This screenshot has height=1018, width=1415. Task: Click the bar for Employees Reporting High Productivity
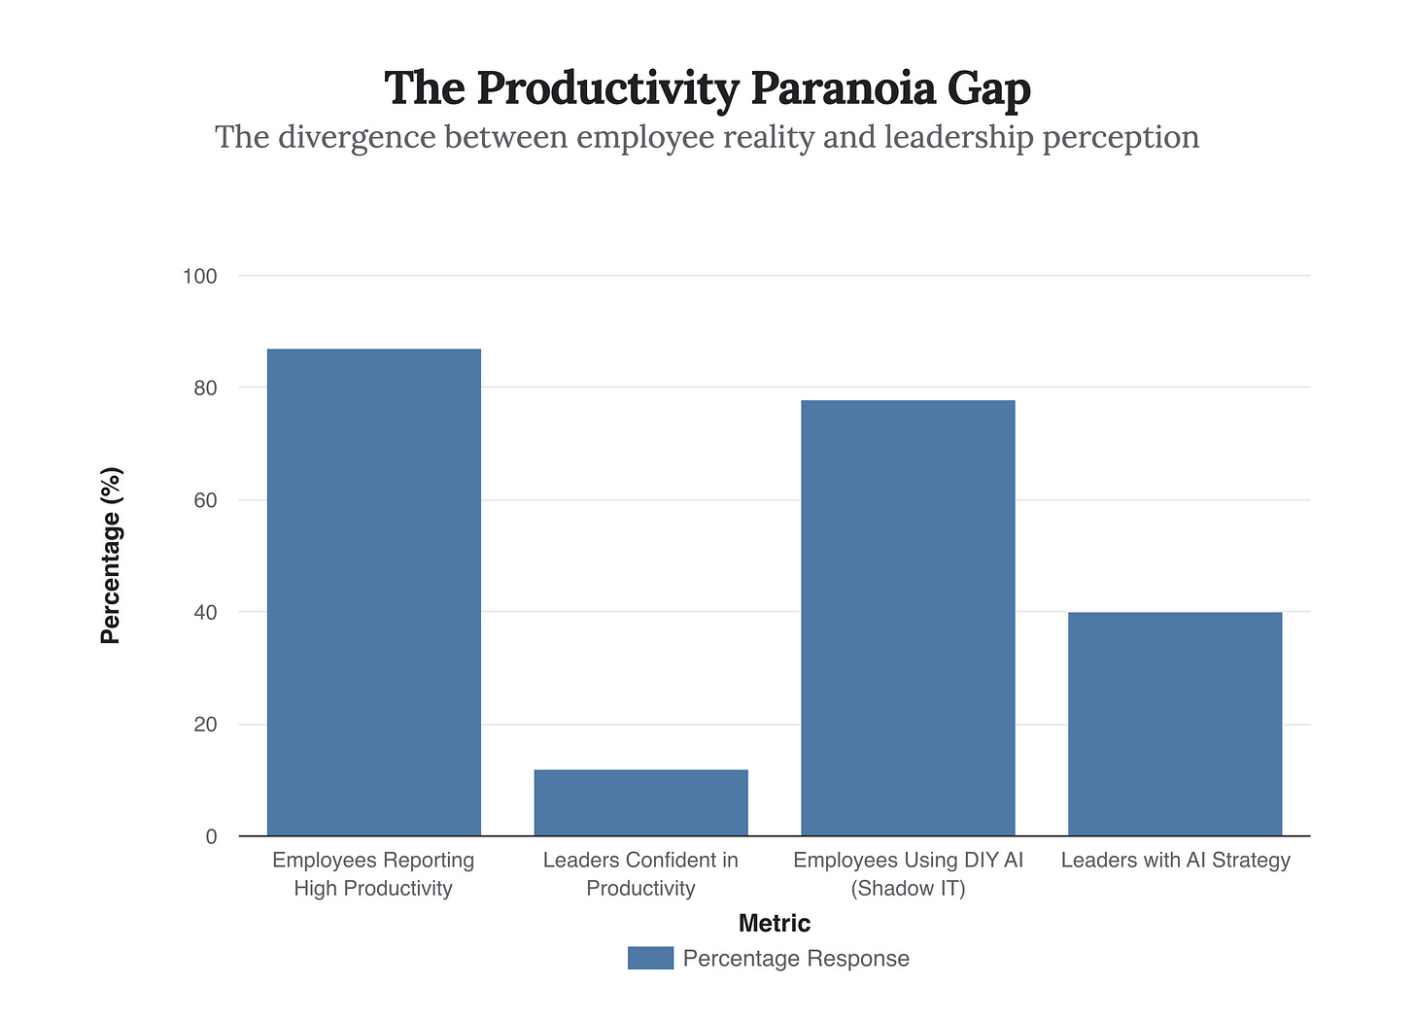[373, 592]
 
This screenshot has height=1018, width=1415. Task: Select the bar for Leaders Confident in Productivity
[640, 802]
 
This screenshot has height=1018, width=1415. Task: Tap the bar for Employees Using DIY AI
[908, 618]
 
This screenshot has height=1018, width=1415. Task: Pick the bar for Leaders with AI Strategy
[1174, 724]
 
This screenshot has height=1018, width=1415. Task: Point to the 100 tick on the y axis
[199, 276]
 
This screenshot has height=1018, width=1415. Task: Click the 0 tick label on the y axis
[211, 836]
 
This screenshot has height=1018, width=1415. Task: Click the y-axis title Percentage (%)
[111, 556]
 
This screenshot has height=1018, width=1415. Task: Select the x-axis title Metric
[774, 923]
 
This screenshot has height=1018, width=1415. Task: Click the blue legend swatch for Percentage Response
[650, 958]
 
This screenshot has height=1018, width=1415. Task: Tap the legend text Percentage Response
[796, 958]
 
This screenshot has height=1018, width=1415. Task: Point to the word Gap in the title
[994, 90]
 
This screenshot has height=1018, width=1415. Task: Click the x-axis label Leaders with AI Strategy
[1175, 860]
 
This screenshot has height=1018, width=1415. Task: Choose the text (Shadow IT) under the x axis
[908, 888]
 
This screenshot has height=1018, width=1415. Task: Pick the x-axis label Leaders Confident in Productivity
[640, 873]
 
